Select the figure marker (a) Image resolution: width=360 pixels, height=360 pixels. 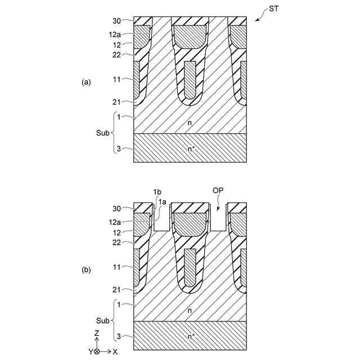click(x=85, y=82)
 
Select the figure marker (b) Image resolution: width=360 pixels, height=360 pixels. click(x=85, y=270)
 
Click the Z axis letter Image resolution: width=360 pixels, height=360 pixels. click(x=97, y=334)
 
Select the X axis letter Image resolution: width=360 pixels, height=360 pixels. click(x=114, y=352)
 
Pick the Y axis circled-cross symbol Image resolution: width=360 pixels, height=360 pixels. click(x=97, y=352)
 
